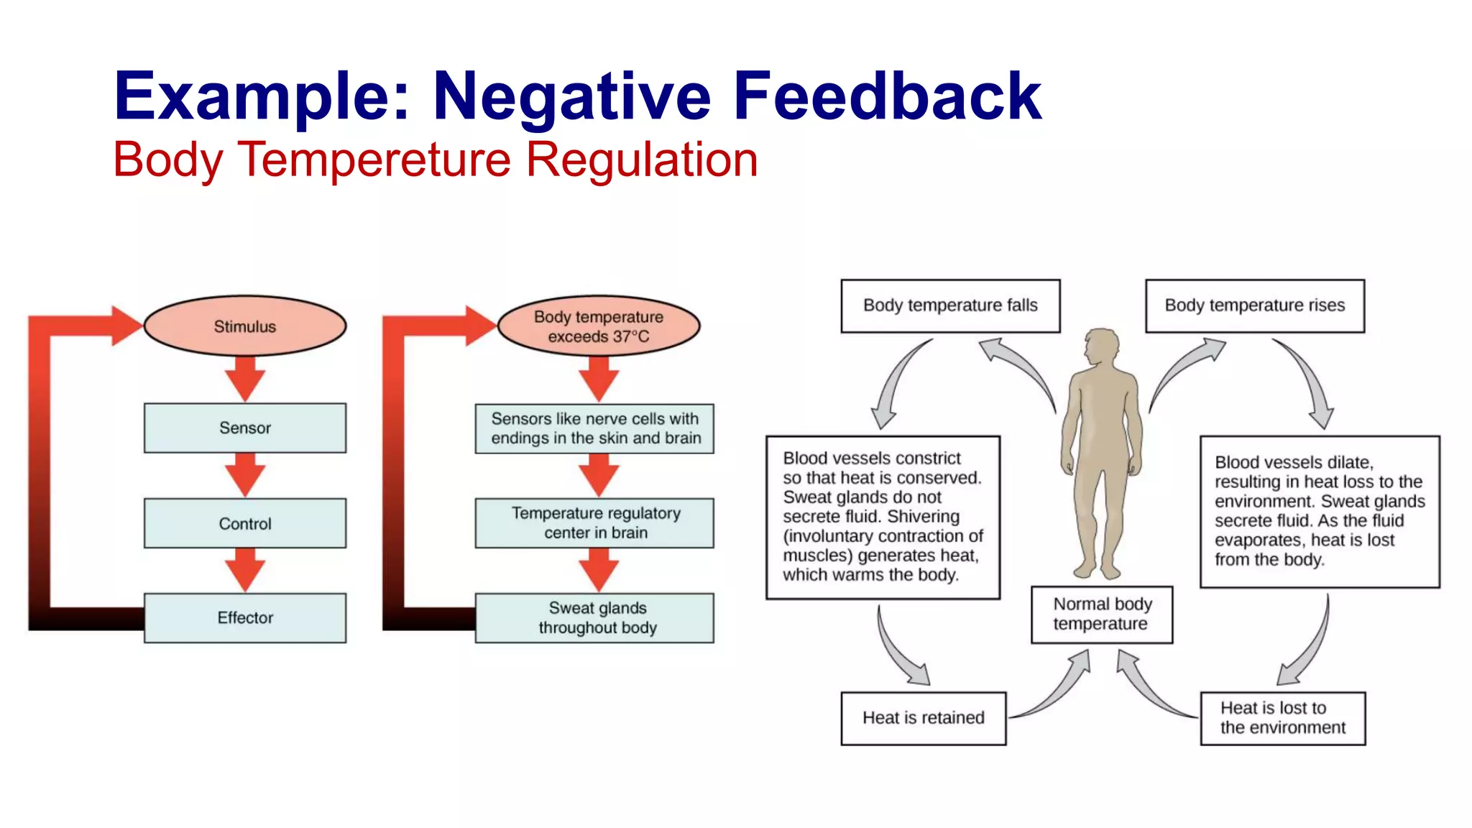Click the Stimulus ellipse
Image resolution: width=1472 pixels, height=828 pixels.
(x=245, y=326)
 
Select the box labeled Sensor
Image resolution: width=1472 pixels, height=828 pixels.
(x=245, y=428)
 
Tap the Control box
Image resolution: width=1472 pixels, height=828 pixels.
(x=245, y=523)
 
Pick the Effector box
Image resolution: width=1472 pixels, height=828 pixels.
(x=245, y=617)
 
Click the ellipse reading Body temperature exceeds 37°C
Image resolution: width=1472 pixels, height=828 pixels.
(x=598, y=326)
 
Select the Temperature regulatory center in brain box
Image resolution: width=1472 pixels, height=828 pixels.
(x=595, y=523)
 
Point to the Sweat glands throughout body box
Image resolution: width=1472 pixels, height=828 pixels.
(x=595, y=617)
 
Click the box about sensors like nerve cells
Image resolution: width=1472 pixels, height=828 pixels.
(x=595, y=428)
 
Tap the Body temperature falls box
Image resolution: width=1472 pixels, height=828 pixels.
(x=950, y=305)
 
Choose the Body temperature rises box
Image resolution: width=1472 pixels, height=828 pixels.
(x=1254, y=305)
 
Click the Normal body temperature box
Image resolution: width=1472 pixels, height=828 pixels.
(x=1101, y=615)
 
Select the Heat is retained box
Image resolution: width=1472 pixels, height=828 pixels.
(x=923, y=718)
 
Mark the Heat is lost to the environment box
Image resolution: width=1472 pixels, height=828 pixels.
(x=1282, y=718)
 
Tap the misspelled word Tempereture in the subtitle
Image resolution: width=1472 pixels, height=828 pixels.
(x=374, y=160)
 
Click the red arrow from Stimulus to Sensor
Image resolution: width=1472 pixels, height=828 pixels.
(x=245, y=379)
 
